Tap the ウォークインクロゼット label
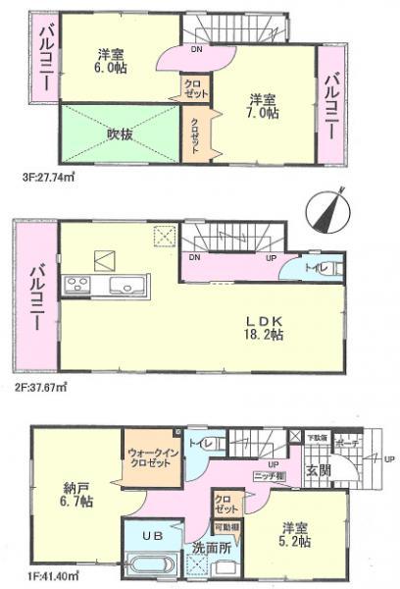tap(149, 457)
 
